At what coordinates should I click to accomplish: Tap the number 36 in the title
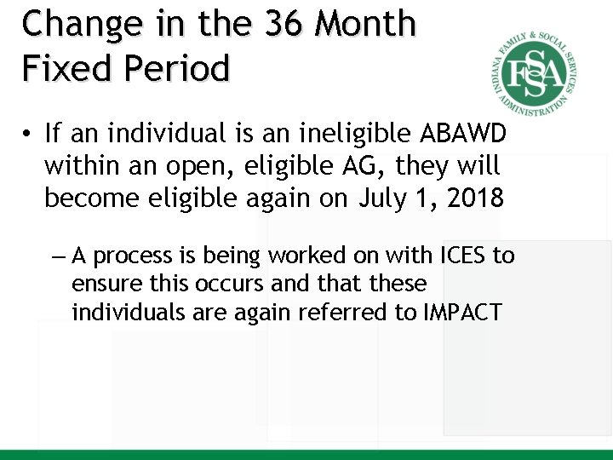point(283,25)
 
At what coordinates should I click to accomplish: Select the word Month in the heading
point(365,25)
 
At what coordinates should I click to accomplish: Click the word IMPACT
point(462,313)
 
